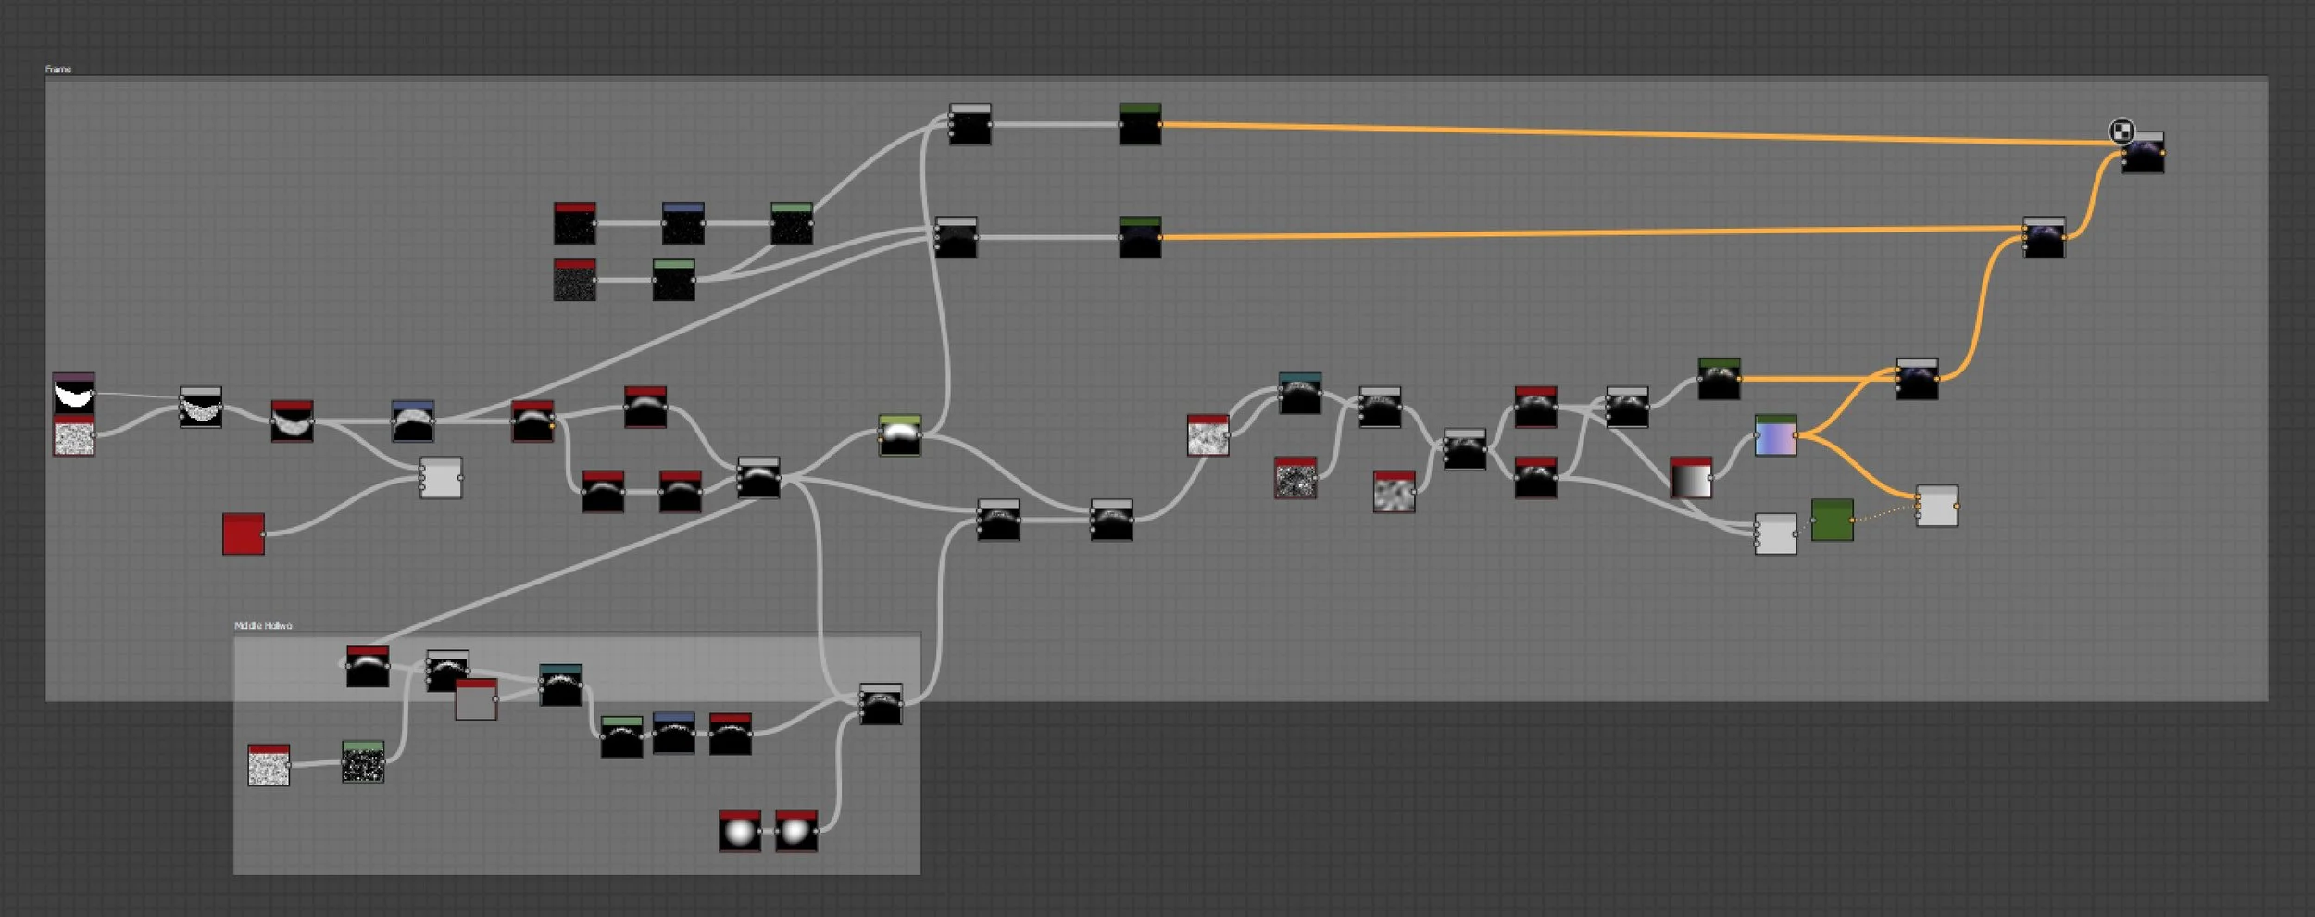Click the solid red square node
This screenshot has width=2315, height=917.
pos(244,534)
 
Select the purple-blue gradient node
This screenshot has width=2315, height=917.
pos(1775,435)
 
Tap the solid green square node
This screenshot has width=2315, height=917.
pos(1832,521)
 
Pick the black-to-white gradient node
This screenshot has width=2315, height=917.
pos(1691,478)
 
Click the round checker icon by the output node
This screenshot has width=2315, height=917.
pos(2121,132)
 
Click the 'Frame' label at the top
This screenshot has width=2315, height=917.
pos(58,69)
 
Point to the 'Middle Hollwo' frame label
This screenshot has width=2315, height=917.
pos(263,626)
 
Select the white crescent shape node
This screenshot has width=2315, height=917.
pos(74,394)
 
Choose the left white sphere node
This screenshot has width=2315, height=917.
pos(740,832)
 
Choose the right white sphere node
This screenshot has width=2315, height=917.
pos(795,832)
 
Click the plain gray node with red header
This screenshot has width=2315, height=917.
pos(476,700)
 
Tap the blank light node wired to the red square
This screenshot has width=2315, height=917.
pos(441,478)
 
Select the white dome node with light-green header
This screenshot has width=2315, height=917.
pos(899,435)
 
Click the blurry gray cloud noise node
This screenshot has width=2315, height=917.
pos(1394,492)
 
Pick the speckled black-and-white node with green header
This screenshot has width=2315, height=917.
pos(363,762)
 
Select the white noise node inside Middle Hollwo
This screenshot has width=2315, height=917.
pos(269,766)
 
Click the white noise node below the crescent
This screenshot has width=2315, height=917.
pos(74,436)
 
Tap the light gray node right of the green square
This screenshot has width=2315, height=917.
pos(1936,507)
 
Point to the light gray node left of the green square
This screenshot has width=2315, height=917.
pos(1775,534)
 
